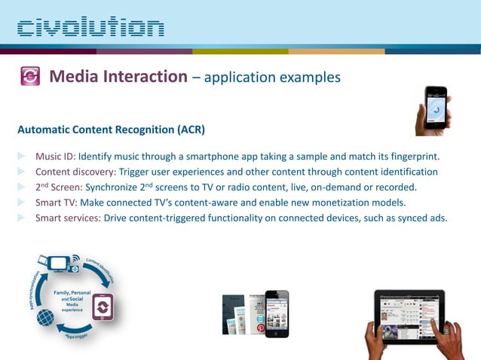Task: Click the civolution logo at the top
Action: [90, 29]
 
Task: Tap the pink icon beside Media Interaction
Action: [30, 77]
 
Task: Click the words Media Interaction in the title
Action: [118, 77]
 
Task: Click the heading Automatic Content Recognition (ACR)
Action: [111, 130]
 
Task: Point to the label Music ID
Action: [55, 157]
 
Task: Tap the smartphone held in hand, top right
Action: [435, 108]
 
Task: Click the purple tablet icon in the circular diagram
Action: [103, 307]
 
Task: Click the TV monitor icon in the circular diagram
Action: [59, 264]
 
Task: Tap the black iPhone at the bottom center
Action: [276, 313]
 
